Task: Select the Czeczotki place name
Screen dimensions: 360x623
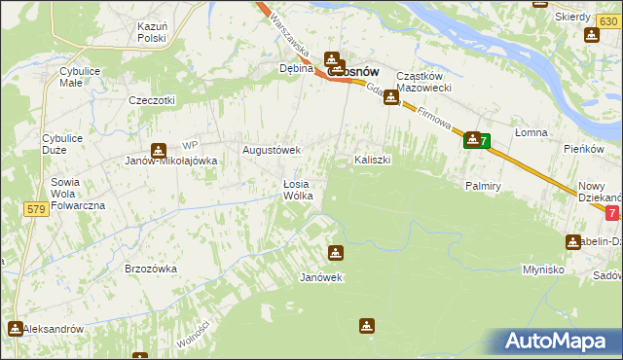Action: pyautogui.click(x=152, y=100)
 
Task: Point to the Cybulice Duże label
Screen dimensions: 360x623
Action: pyautogui.click(x=61, y=145)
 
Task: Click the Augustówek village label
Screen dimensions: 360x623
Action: pyautogui.click(x=272, y=151)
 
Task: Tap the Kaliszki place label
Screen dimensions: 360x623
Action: pyautogui.click(x=372, y=159)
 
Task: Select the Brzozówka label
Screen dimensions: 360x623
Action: pyautogui.click(x=150, y=268)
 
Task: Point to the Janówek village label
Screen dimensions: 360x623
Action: pyautogui.click(x=322, y=277)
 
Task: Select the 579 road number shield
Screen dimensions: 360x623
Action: pyautogui.click(x=37, y=209)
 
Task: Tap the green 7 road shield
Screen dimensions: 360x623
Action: pyautogui.click(x=484, y=142)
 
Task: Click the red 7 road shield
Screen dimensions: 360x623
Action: pyautogui.click(x=611, y=213)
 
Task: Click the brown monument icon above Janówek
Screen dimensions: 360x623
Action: pyautogui.click(x=336, y=253)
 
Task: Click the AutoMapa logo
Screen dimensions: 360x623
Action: pyautogui.click(x=561, y=341)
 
